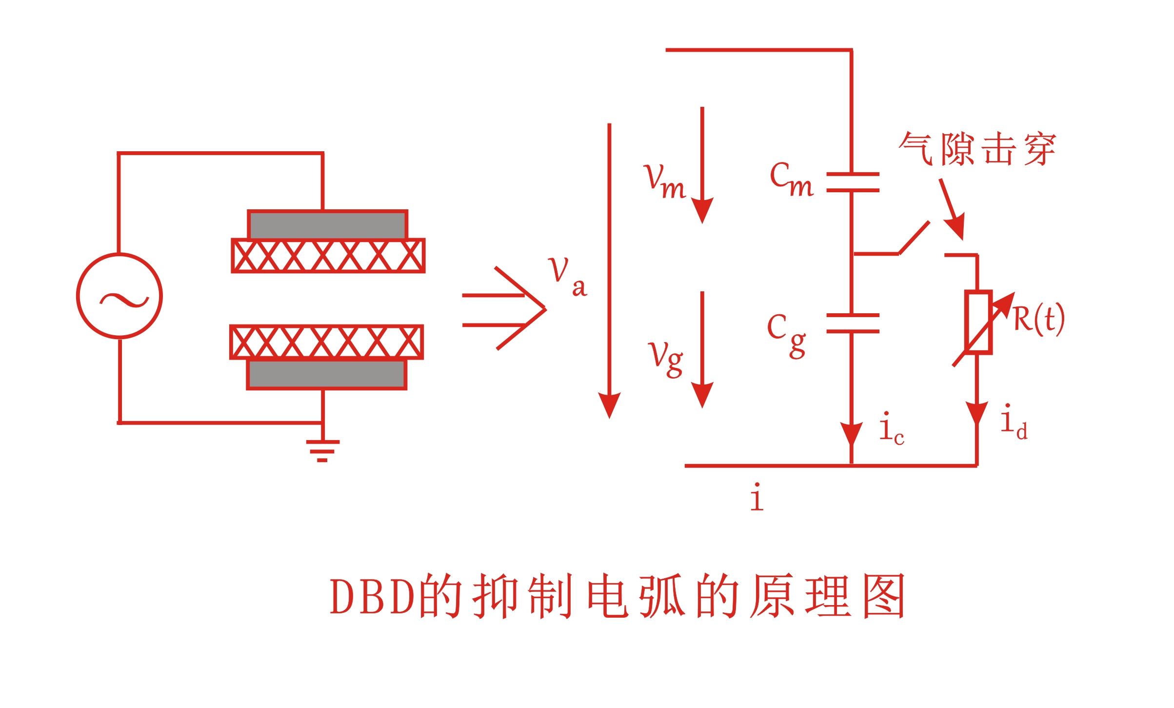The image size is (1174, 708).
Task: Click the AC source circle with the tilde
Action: [x=119, y=296]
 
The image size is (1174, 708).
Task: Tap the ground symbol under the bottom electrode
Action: [x=322, y=450]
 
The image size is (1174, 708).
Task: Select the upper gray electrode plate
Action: [x=328, y=225]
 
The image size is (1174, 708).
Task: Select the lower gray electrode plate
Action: [x=327, y=374]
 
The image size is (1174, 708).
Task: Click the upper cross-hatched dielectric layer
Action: [x=328, y=256]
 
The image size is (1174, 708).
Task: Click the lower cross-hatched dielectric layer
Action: [x=327, y=342]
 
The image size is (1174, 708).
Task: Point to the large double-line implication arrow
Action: [x=505, y=309]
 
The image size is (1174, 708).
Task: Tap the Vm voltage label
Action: [x=664, y=182]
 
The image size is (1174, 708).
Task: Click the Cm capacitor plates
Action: [x=853, y=182]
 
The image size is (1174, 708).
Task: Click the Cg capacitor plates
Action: [x=853, y=323]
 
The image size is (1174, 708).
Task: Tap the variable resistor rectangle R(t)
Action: [x=978, y=322]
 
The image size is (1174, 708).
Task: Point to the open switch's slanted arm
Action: [x=914, y=238]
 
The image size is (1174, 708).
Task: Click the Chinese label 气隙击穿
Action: [x=977, y=148]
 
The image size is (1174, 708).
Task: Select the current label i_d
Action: [x=1013, y=423]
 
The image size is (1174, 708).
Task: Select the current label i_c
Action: [x=891, y=429]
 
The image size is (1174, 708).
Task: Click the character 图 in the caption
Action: [x=884, y=596]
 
